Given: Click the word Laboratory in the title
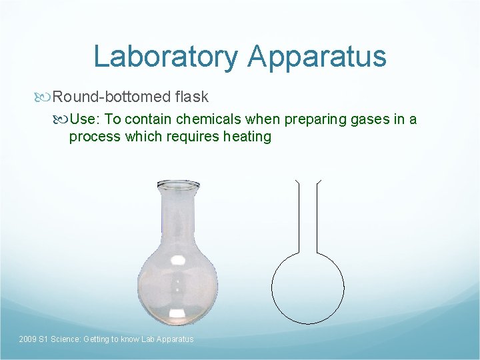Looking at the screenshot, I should coord(165,57).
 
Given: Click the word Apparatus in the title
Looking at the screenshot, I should coord(317,57).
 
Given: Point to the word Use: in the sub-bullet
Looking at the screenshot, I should coord(85,119).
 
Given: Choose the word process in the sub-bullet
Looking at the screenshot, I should coord(93,137).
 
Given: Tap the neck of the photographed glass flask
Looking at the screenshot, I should coord(177,217).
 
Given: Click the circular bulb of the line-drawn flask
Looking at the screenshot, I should coord(307,287).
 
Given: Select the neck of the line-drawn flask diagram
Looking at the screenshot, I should coord(308,213).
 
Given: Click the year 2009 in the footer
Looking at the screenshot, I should coord(28,339).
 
